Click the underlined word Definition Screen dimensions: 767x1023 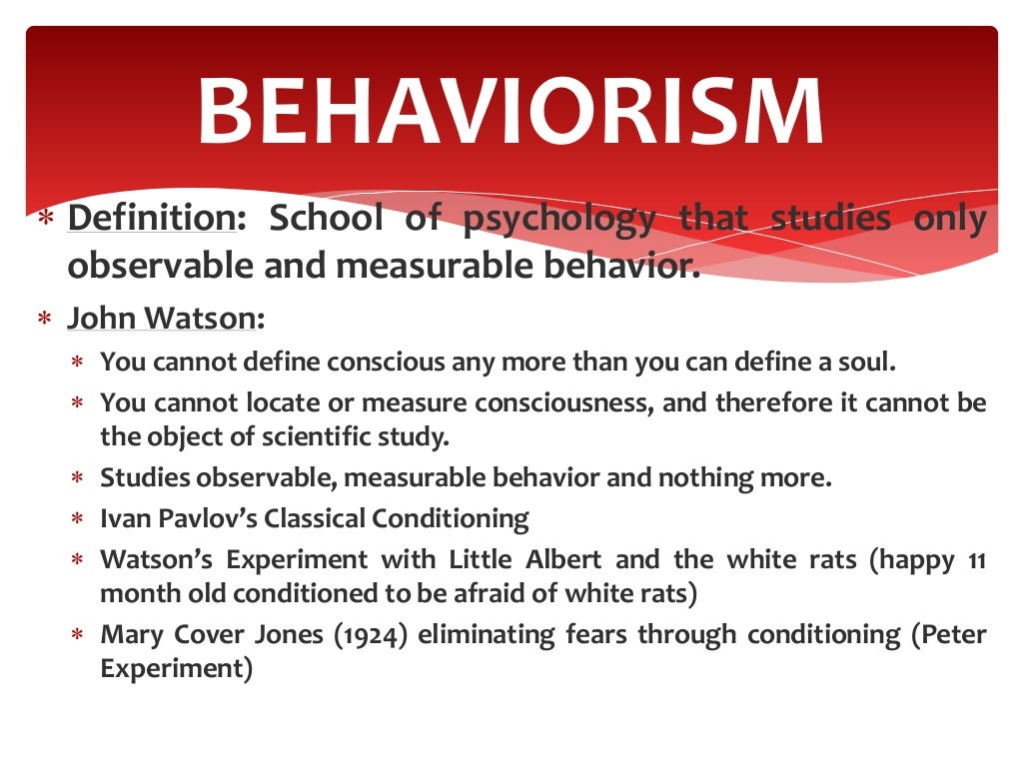point(149,219)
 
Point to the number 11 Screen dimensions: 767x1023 point(977,560)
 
